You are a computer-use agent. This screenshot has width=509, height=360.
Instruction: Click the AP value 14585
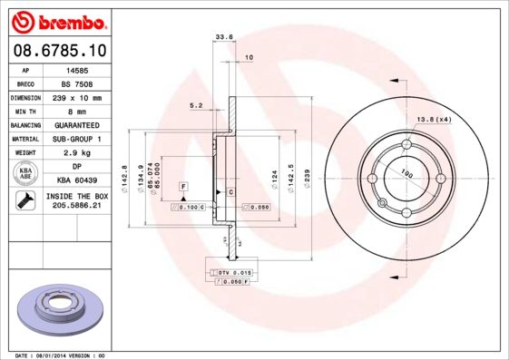pos(77,69)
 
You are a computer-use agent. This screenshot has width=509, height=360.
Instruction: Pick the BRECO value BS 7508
pos(77,83)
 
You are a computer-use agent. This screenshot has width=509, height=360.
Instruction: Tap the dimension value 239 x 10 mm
pos(77,97)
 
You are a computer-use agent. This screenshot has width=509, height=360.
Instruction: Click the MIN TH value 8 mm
pos(77,111)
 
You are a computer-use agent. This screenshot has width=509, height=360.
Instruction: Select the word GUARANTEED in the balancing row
pos(77,124)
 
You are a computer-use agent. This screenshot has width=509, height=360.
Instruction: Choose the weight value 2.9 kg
pos(77,152)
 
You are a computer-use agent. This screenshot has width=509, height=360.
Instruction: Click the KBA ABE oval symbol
pos(26,173)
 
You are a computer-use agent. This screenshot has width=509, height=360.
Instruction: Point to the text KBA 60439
pos(77,180)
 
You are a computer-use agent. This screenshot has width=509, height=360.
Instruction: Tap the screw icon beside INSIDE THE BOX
pos(25,201)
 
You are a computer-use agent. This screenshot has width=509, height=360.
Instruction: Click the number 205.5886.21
pos(77,208)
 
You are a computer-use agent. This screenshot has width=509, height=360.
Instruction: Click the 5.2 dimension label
pos(195,105)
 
